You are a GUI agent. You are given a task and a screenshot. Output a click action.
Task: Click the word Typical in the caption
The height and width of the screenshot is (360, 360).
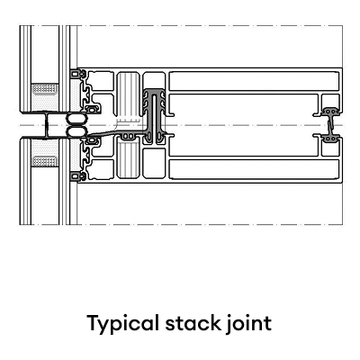click(x=123, y=324)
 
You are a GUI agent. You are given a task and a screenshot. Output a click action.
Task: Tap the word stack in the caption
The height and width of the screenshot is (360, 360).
click(x=193, y=323)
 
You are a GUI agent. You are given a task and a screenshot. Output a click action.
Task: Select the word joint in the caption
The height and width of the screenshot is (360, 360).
click(x=248, y=324)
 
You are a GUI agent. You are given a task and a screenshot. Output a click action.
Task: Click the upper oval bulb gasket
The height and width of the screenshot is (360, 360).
click(x=76, y=120)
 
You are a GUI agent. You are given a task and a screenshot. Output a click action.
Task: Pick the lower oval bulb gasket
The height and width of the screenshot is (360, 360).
click(x=76, y=132)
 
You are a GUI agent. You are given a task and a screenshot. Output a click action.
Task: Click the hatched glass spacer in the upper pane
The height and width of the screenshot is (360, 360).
click(x=45, y=89)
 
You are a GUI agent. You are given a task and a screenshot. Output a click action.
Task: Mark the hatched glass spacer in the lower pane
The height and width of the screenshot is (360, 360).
click(x=45, y=162)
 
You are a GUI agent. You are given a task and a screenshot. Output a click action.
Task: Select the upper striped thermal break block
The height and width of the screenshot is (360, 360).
click(x=128, y=94)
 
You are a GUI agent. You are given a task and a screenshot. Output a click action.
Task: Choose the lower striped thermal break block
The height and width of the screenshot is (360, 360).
click(x=128, y=159)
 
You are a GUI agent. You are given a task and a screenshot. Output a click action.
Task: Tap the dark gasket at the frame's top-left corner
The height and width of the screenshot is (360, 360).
click(x=76, y=74)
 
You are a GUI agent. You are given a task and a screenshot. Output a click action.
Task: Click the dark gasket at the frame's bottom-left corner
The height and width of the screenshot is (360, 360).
click(x=76, y=176)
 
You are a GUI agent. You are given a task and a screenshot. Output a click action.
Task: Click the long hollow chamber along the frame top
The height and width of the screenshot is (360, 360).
click(x=254, y=81)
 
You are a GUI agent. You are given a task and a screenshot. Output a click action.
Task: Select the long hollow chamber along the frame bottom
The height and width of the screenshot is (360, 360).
click(x=254, y=169)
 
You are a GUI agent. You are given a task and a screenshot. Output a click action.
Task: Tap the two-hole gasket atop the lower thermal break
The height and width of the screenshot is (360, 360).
click(x=129, y=137)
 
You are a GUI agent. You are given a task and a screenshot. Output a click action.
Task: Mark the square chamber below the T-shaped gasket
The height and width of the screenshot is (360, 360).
click(x=154, y=163)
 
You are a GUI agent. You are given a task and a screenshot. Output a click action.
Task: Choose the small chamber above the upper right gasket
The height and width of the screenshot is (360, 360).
click(x=330, y=101)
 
